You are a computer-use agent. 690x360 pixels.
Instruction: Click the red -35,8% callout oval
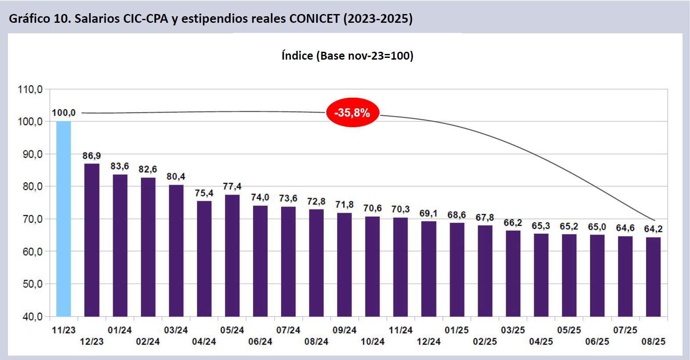pos(352,113)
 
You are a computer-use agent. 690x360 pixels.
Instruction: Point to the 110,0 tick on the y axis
pos(30,89)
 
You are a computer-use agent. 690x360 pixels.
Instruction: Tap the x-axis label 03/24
pos(176,330)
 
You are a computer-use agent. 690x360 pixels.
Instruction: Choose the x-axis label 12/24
pos(429,342)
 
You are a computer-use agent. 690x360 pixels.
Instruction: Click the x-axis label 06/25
pos(597,342)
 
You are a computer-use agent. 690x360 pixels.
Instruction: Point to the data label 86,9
pos(92,156)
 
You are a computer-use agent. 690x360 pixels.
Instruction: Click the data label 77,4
pos(232,186)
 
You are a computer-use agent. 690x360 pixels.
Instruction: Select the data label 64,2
pos(653,229)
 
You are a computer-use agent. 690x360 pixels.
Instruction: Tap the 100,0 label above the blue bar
pos(64,113)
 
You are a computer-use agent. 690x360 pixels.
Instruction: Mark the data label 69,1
pos(429,214)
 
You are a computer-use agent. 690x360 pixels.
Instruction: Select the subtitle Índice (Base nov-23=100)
pos(347,56)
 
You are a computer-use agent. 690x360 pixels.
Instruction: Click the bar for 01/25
pos(457,269)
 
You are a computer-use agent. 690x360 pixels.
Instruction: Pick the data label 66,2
pos(513,223)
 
